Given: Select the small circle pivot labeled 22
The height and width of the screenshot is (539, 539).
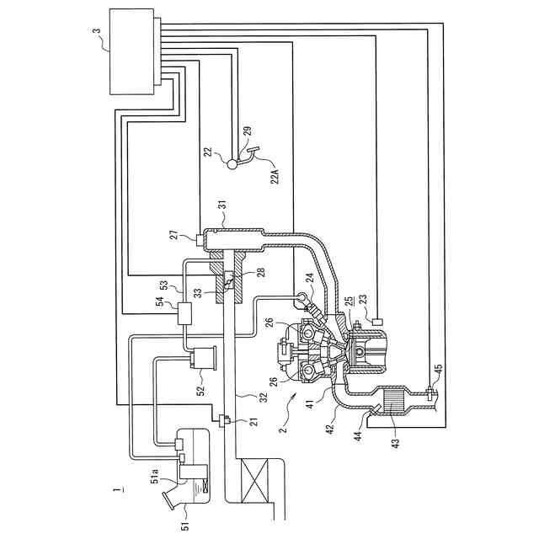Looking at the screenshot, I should point(233,164).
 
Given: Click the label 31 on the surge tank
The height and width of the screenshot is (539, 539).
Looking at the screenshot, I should point(222,205).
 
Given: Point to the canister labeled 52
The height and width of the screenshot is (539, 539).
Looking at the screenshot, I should point(205,361).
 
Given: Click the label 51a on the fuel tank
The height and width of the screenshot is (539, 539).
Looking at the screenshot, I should point(156,476).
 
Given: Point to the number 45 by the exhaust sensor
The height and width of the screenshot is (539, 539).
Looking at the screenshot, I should point(437,370).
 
